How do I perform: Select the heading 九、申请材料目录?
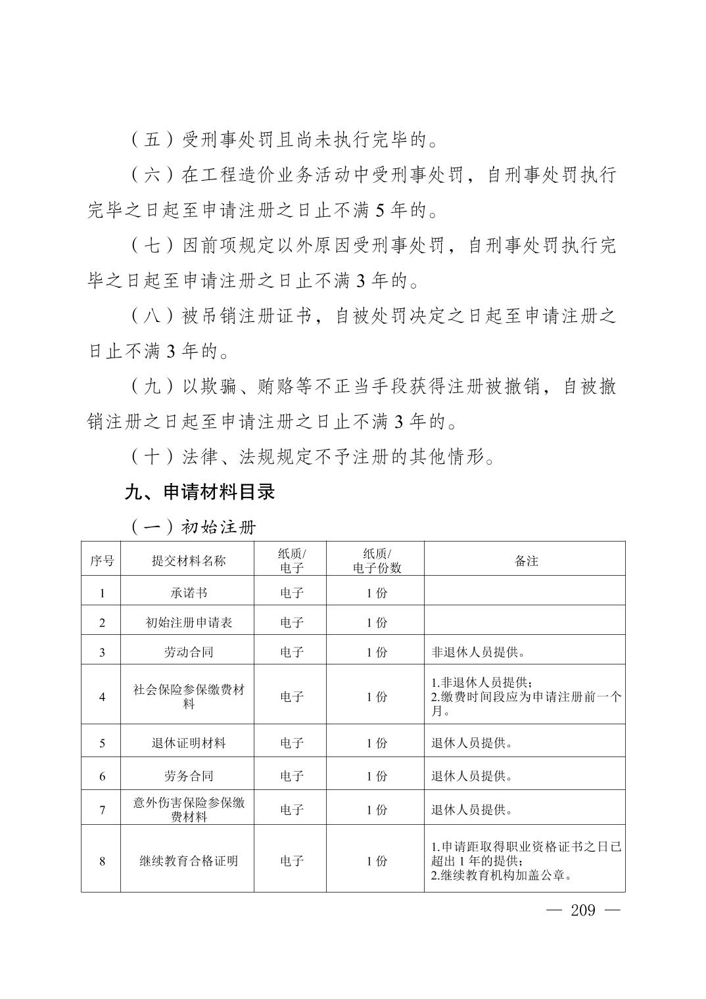200,492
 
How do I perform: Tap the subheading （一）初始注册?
193,527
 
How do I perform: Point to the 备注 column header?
526,561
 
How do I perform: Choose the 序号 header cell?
101,561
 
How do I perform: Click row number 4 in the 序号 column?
102,697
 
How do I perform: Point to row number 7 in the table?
102,810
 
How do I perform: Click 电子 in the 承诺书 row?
291,592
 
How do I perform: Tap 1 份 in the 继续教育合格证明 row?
377,860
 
